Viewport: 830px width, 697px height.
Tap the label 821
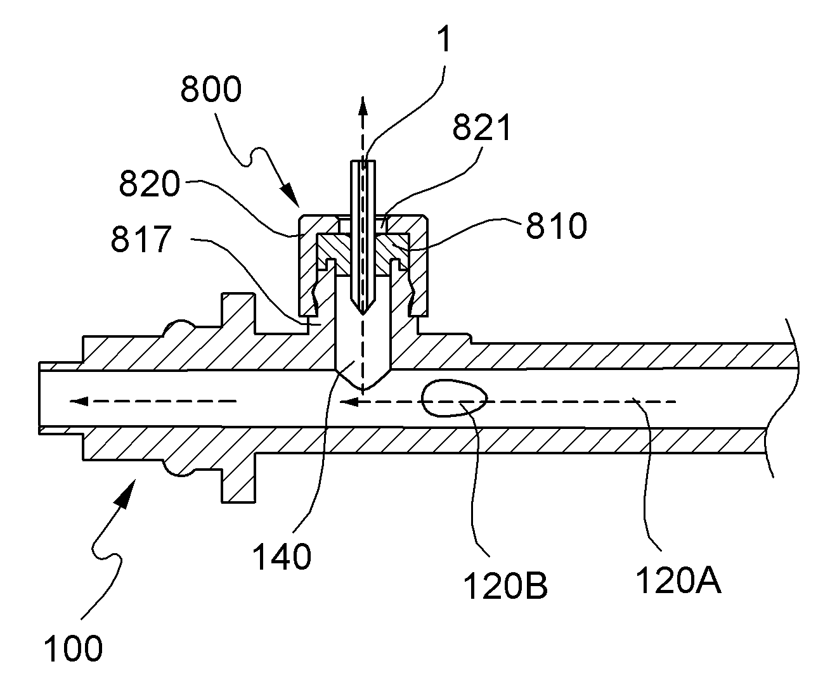482,127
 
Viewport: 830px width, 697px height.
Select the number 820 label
150,183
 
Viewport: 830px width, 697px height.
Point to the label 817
141,239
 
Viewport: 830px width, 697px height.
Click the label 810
557,226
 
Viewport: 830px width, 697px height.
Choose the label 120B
505,586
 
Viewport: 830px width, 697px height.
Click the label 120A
678,580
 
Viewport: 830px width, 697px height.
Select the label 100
73,648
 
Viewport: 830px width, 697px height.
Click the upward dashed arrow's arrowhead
362,106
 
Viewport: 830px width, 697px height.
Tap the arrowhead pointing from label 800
291,197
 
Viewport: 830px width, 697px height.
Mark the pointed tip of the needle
363,314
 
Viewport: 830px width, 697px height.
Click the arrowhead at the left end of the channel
79,401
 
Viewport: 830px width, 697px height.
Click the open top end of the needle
363,161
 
